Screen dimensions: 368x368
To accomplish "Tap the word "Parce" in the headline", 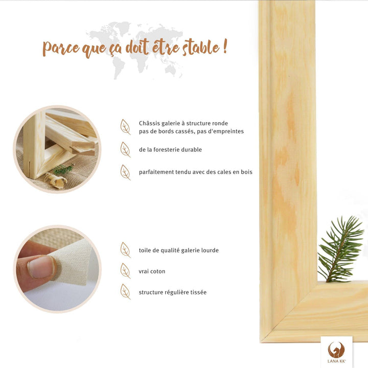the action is (x=61, y=48).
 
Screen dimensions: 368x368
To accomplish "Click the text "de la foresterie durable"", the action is (x=170, y=149).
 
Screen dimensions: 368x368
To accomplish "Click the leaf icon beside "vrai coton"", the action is (x=125, y=270).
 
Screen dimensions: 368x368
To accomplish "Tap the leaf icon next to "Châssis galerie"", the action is (x=125, y=127).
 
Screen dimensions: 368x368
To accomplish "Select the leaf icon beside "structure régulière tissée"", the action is (x=125, y=292).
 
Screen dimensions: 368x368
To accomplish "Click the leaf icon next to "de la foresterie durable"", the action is (x=125, y=149).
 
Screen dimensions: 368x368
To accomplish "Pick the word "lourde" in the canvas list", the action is (x=210, y=250).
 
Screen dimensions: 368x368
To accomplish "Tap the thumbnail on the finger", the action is (x=41, y=267).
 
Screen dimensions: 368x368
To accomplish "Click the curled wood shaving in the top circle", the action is (x=55, y=179).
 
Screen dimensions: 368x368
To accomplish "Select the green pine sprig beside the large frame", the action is (x=340, y=249).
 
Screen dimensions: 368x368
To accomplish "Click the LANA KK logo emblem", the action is (x=336, y=350).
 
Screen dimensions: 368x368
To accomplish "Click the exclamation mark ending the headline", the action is (x=225, y=46).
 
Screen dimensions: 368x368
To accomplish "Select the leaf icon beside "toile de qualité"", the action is (x=125, y=250).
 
